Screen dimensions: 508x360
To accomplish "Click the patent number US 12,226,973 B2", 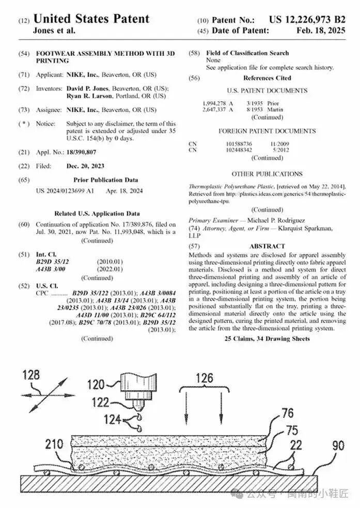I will click(x=307, y=20).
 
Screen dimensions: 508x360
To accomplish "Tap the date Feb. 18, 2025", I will click(x=321, y=30).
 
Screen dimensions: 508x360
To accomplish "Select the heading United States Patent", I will click(x=91, y=19).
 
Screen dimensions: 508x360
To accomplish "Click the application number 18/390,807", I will click(x=81, y=152).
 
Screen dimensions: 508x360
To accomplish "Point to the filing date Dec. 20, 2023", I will click(x=85, y=166).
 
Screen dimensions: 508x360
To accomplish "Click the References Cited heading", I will click(x=267, y=78).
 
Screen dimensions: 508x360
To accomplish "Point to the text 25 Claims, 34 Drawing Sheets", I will click(x=267, y=338).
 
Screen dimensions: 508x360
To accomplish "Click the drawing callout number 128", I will click(x=31, y=375).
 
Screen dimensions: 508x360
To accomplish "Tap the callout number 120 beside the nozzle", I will click(x=96, y=384).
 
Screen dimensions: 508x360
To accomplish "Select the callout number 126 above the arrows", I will click(x=204, y=378).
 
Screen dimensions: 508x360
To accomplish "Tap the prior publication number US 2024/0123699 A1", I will click(x=65, y=191).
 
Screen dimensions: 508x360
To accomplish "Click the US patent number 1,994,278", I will click(x=214, y=103).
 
